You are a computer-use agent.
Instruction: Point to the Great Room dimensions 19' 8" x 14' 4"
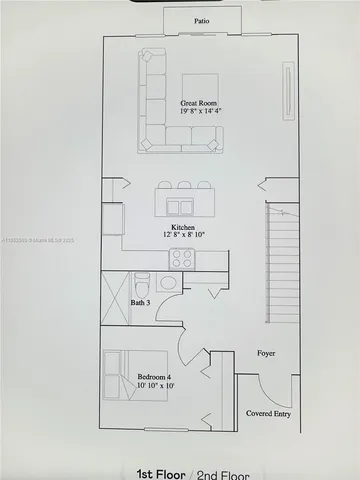pyautogui.click(x=200, y=112)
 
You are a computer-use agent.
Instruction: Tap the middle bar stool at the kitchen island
pyautogui.click(x=185, y=185)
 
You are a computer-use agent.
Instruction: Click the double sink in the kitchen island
pyautogui.click(x=181, y=207)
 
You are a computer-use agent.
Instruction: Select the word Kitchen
pyautogui.click(x=182, y=228)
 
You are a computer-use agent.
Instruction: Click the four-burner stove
pyautogui.click(x=182, y=258)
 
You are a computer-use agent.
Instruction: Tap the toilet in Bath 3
pyautogui.click(x=142, y=281)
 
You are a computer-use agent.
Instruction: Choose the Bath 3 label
pyautogui.click(x=140, y=302)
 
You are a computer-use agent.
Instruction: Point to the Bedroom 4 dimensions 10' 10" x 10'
pyautogui.click(x=155, y=386)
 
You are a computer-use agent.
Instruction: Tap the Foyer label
pyautogui.click(x=266, y=354)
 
